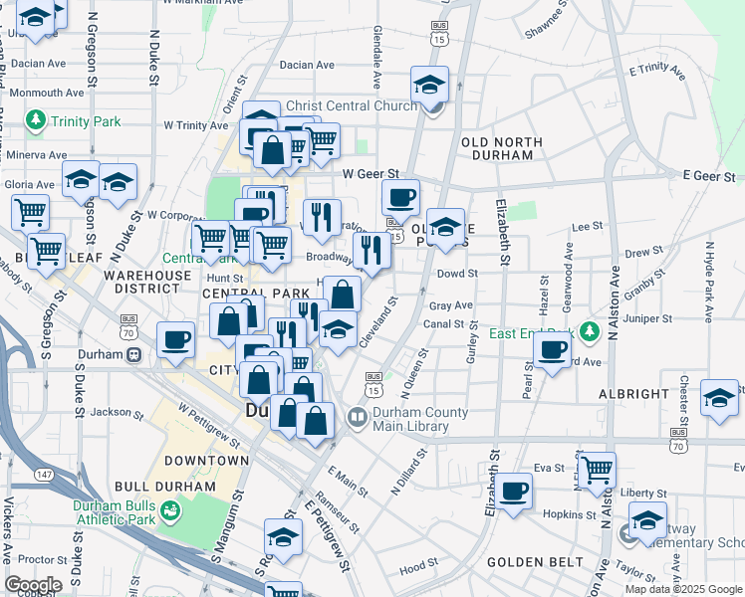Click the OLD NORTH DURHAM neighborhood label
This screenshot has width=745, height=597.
click(x=503, y=150)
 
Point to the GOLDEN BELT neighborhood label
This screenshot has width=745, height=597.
click(x=536, y=562)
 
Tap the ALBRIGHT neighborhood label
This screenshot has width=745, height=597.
click(x=633, y=394)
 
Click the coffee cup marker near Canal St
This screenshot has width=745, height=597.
click(x=552, y=348)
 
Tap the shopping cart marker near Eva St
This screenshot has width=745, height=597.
click(x=597, y=468)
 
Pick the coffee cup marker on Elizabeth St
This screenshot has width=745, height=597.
click(x=514, y=491)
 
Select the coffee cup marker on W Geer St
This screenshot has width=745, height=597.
click(x=400, y=196)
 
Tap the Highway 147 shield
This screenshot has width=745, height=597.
click(x=40, y=477)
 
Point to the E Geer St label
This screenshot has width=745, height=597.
click(x=708, y=175)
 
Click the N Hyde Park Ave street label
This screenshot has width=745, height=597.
click(x=709, y=283)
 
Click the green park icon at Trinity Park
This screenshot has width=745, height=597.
click(x=38, y=121)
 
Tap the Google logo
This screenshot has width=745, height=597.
click(x=34, y=585)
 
